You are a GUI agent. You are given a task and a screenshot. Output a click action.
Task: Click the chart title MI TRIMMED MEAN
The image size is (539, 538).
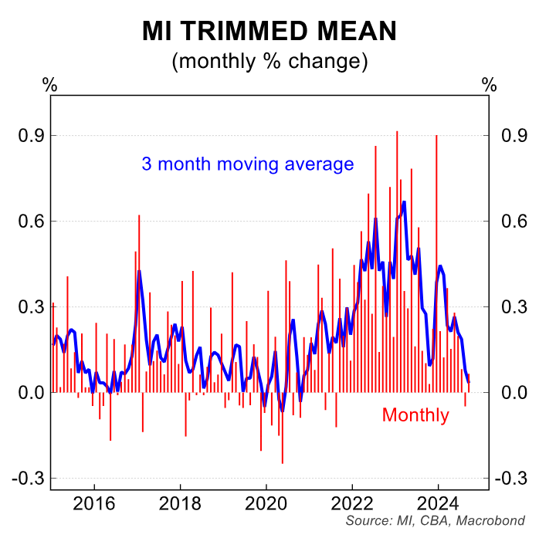point(269,31)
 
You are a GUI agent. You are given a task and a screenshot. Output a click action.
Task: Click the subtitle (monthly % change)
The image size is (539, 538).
point(269,60)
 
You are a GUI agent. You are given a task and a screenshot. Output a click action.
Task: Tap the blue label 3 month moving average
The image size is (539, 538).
point(247,164)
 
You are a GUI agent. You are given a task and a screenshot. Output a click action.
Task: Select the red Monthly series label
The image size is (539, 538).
point(415,415)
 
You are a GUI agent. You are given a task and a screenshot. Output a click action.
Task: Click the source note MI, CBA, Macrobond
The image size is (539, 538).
point(435,522)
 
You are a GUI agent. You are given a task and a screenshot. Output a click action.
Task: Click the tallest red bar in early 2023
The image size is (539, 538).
point(397,232)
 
